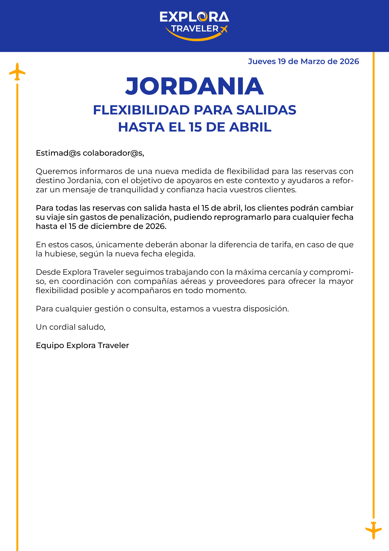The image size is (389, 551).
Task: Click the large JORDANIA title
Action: coord(195,86)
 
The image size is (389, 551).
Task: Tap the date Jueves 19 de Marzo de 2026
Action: coord(303,62)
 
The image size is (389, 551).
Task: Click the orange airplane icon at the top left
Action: coord(17,72)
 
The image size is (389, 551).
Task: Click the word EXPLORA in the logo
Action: coord(194,17)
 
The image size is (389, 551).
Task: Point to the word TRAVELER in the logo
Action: coord(195,29)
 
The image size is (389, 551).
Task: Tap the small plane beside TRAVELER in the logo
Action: coord(224,29)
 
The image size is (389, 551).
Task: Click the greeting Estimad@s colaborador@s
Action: coord(90,153)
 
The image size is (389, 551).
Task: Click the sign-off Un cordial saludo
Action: coord(71,327)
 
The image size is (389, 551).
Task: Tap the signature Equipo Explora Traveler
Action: coord(82,345)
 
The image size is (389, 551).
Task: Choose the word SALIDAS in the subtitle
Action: coord(266,110)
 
